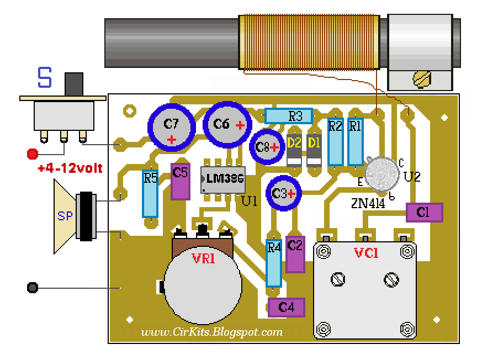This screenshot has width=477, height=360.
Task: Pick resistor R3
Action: pyautogui.click(x=288, y=116)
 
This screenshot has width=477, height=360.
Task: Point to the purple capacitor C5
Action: pyautogui.click(x=181, y=181)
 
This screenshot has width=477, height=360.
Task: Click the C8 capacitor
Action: pyautogui.click(x=266, y=147)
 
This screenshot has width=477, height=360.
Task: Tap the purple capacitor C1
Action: pyautogui.click(x=424, y=212)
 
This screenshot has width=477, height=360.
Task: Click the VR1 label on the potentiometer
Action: pyautogui.click(x=203, y=258)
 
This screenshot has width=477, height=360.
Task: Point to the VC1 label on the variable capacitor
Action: pyautogui.click(x=365, y=253)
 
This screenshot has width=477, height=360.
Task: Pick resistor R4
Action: pyautogui.click(x=274, y=263)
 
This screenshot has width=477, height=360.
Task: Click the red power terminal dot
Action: pyautogui.click(x=33, y=153)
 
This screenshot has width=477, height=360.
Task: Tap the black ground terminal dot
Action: pyautogui.click(x=32, y=288)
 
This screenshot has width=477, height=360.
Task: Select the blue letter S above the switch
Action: pyautogui.click(x=45, y=78)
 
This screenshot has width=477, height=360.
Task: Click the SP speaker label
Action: pyautogui.click(x=65, y=217)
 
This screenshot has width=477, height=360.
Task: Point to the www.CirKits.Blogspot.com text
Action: pyautogui.click(x=212, y=332)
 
